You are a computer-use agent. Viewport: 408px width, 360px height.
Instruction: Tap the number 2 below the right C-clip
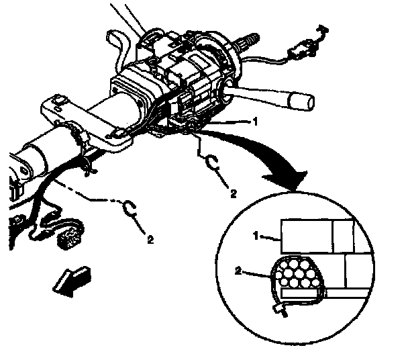pos(233,193)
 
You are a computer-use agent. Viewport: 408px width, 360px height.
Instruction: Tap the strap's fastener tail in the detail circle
pos(277,308)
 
